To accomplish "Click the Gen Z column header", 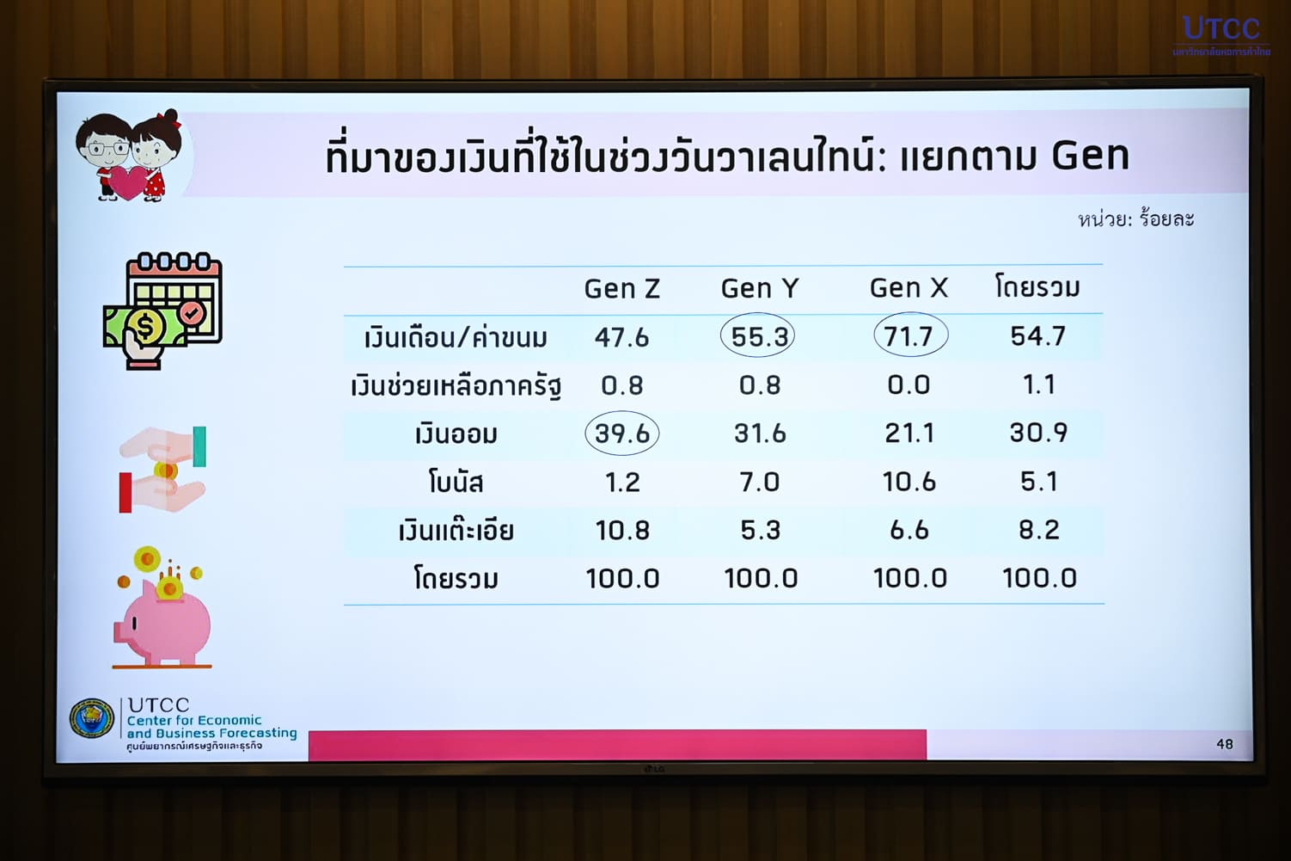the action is tap(622, 289).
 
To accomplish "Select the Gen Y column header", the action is tap(760, 288).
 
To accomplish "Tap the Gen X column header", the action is tap(909, 288).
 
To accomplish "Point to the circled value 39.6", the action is tap(622, 434).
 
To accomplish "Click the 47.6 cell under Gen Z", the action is tap(622, 337).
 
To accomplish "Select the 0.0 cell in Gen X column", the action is tap(909, 384).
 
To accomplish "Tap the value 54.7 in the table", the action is tap(1038, 336).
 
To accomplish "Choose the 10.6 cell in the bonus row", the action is tap(909, 482).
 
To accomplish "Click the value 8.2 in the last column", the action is tap(1039, 530).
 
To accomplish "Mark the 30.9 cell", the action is tap(1038, 433).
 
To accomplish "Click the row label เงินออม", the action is tap(456, 434).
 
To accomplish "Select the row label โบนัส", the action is tap(456, 483).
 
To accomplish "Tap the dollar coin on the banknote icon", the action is tap(146, 327).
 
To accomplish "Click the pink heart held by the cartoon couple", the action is tap(128, 181).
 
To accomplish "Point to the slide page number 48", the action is tap(1225, 744).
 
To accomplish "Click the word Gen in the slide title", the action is tap(1090, 156).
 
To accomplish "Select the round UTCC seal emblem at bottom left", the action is tap(92, 718).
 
